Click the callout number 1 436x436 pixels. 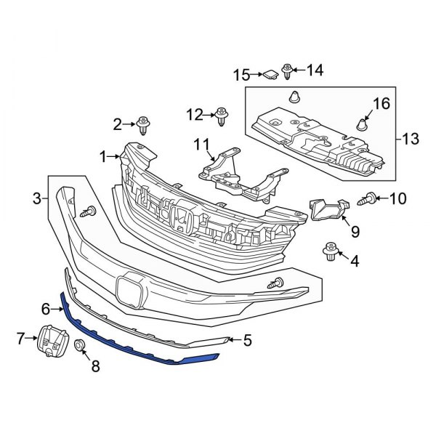tap(104, 156)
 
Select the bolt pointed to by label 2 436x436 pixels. tap(144, 125)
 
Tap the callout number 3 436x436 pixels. tap(36, 197)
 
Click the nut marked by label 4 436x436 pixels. tap(330, 251)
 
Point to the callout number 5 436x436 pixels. tap(247, 339)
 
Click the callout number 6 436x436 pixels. tap(22, 336)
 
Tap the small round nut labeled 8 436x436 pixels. tap(325, 209)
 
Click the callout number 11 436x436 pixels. tap(221, 114)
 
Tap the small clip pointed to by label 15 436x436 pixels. tap(381, 102)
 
